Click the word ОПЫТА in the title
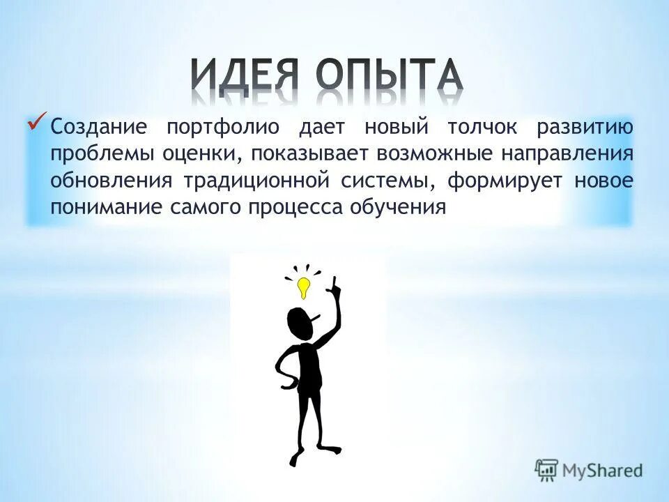(x=389, y=79)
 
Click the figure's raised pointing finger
(x=334, y=282)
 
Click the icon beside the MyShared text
(x=547, y=470)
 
